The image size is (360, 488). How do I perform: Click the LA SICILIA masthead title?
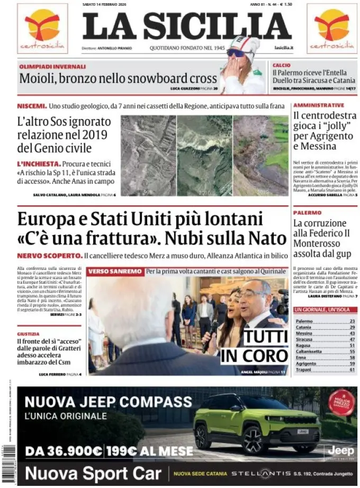(187, 26)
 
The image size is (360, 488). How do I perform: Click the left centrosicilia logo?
(42, 29)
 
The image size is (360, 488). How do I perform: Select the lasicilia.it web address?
(284, 48)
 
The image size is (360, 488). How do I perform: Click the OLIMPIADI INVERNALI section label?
(52, 67)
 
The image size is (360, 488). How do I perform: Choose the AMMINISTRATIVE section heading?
(319, 105)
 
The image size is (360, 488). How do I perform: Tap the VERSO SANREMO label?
(115, 272)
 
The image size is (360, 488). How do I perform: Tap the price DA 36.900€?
(64, 451)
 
